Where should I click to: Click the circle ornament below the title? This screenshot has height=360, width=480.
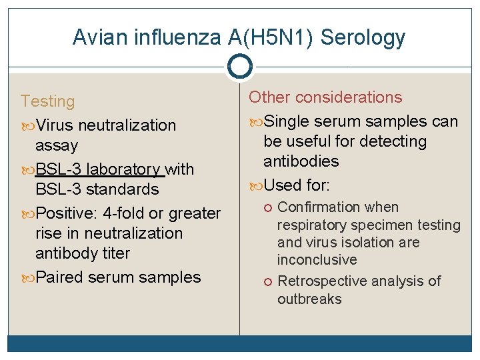tap(239, 67)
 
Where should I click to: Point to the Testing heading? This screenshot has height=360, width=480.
tap(47, 101)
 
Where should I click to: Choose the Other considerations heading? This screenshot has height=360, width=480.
tap(325, 97)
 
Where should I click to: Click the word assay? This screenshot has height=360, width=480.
tap(57, 145)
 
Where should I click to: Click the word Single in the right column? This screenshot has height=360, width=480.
tap(285, 121)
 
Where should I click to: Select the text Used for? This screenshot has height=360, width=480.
tap(297, 185)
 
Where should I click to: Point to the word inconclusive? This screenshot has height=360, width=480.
tap(317, 259)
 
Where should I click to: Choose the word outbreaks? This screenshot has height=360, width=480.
tap(309, 299)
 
